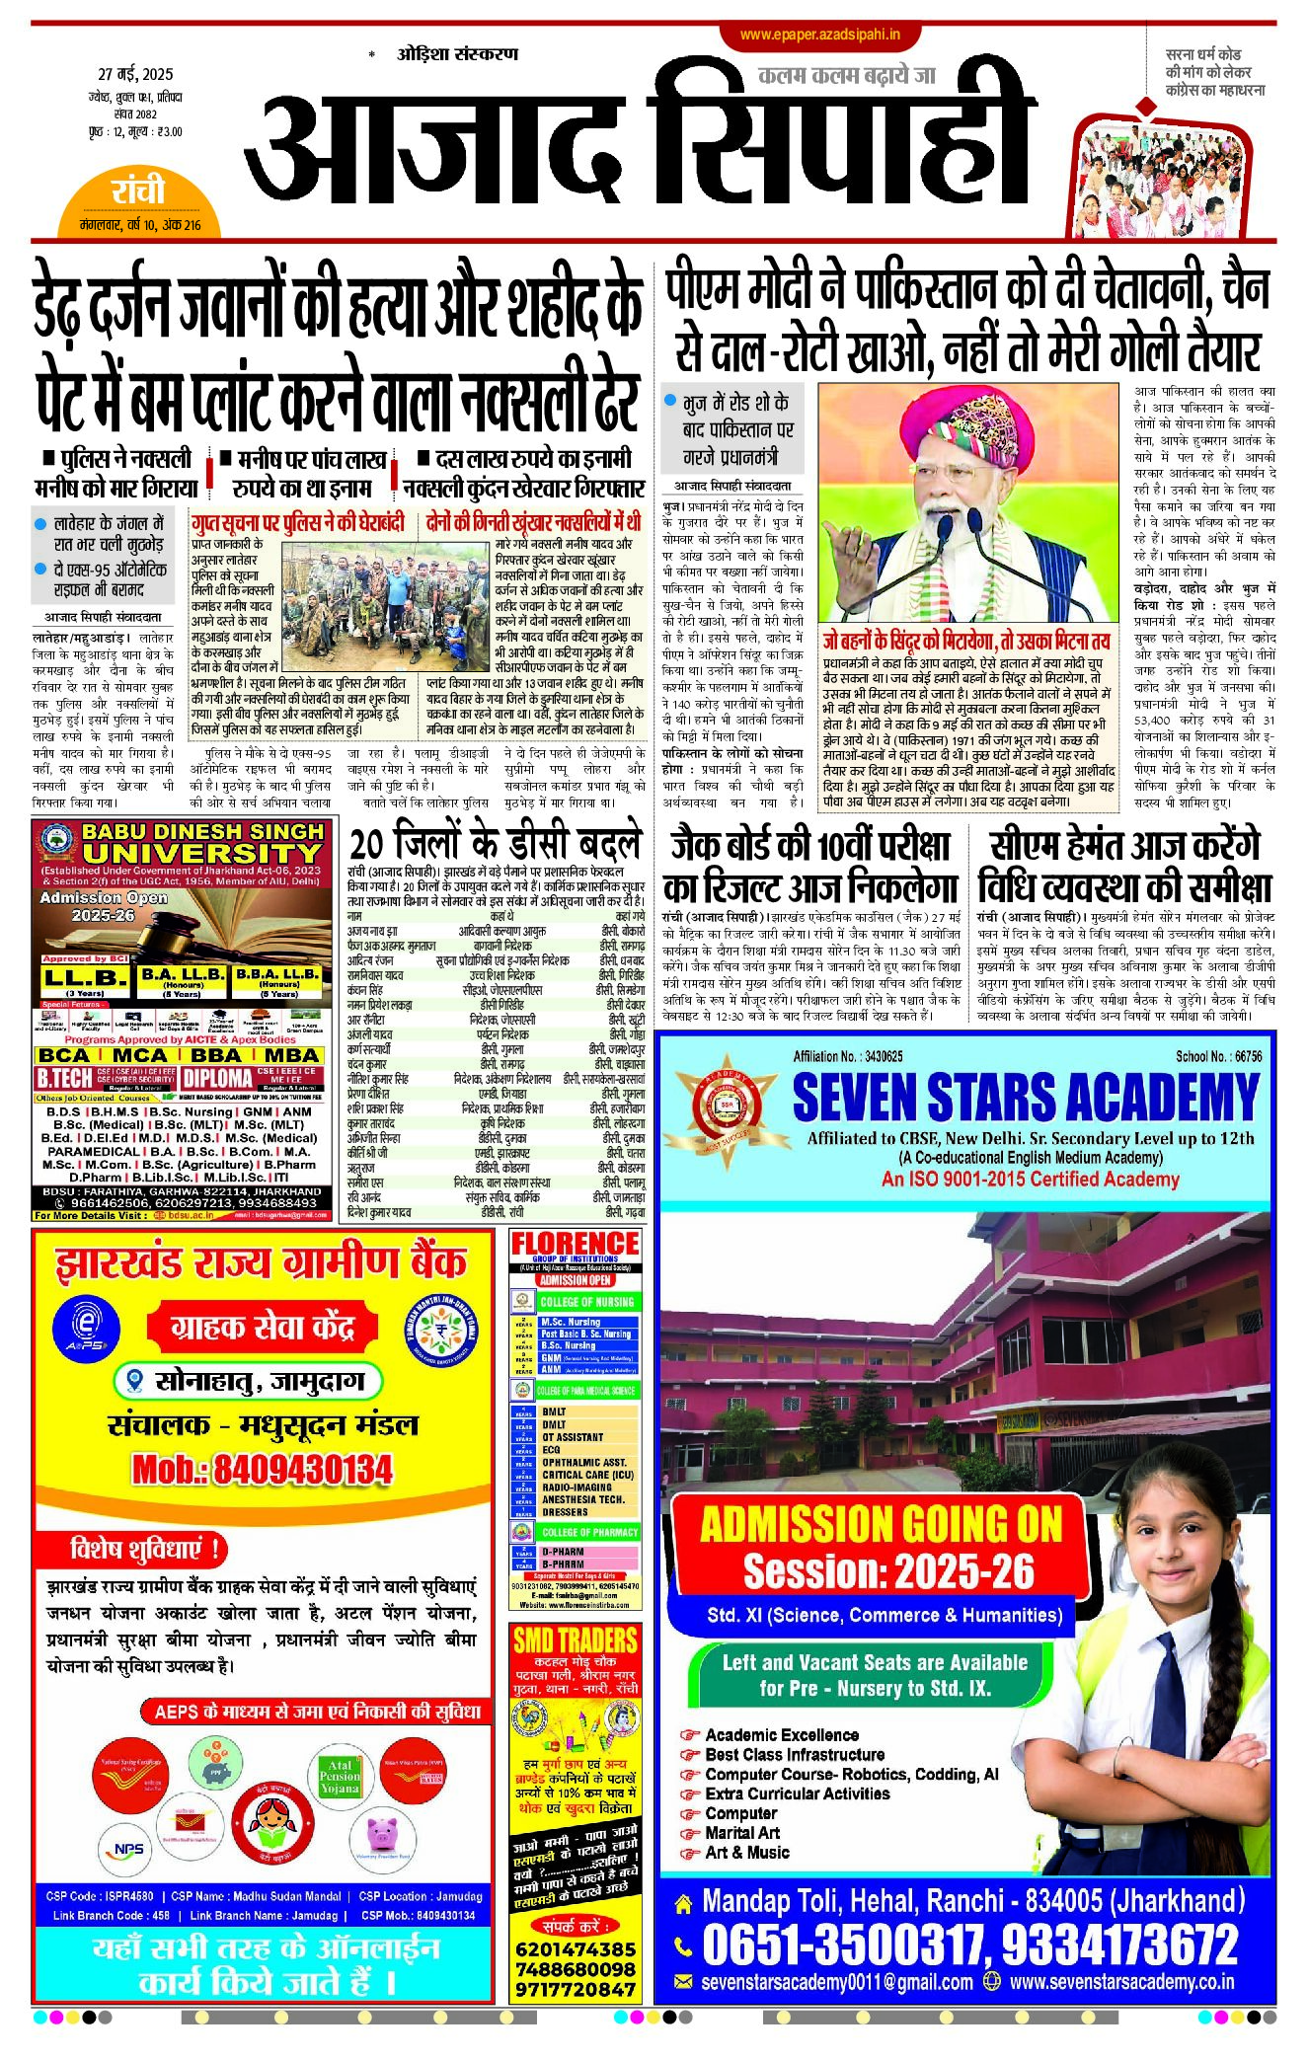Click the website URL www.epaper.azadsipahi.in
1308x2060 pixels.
pos(819,35)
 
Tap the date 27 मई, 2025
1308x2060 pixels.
pos(135,74)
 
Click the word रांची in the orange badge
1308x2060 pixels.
pos(137,191)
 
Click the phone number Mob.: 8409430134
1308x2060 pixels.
pos(263,1470)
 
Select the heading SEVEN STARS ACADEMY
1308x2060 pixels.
pos(1026,1098)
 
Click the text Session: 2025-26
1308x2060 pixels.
pos(888,1570)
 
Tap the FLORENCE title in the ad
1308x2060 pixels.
pos(575,1244)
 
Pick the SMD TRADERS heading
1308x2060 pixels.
pos(575,1640)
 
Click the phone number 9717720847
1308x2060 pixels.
pos(575,1989)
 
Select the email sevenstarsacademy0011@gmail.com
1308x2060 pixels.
pos(836,1982)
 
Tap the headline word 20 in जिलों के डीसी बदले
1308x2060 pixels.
pos(366,845)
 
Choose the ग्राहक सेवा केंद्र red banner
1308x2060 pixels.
pos(262,1328)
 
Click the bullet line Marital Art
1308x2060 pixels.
pos(741,1833)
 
